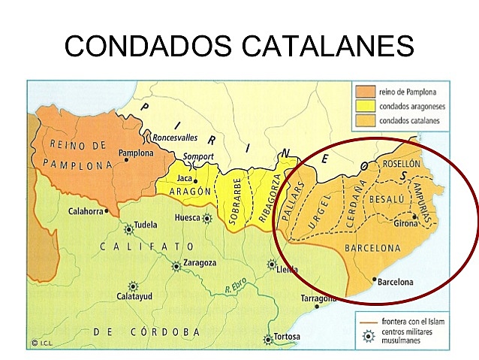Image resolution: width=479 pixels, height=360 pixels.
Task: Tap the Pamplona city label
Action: (x=135, y=153)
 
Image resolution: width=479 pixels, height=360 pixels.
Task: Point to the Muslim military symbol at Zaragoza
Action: (x=176, y=265)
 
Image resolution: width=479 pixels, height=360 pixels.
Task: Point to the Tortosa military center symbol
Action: (x=264, y=337)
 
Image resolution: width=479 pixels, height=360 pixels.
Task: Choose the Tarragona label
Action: (x=315, y=298)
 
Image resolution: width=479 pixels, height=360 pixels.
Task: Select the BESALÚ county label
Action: (x=387, y=200)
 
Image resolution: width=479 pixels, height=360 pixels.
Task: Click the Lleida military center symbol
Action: (x=272, y=265)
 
